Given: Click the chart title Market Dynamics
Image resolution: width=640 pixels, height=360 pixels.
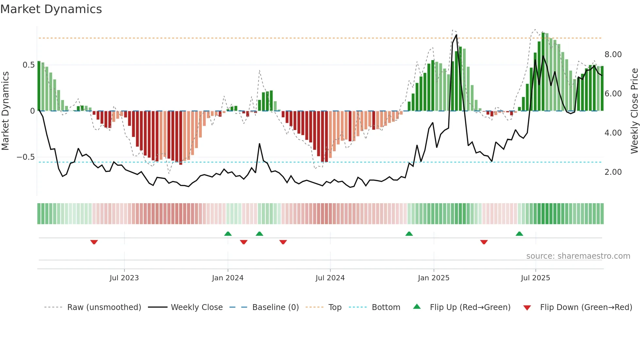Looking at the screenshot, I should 51,9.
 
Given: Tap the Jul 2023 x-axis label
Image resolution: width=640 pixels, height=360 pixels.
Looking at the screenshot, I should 124,278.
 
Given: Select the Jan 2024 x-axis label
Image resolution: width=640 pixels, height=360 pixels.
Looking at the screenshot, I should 228,278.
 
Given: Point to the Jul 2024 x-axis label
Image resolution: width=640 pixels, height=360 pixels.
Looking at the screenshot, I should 330,278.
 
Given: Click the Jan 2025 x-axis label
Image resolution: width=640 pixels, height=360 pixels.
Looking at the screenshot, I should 434,278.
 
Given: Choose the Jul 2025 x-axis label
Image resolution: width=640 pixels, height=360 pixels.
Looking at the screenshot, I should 536,278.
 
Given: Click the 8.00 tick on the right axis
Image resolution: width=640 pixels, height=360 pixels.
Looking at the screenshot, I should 613,55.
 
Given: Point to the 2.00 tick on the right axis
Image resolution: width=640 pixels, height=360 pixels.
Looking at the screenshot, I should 613,172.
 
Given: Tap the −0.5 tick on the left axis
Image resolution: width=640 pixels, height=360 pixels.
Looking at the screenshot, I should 26,157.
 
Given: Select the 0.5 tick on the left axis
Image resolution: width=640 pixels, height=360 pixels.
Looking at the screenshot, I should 29,65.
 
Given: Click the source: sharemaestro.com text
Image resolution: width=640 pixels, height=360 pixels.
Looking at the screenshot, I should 578,256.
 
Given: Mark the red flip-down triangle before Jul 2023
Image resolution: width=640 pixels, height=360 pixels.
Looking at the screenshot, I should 94,242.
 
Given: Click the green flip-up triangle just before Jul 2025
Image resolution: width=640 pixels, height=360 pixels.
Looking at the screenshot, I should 519,234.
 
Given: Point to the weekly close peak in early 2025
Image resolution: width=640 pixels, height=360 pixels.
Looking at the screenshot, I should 456,35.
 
